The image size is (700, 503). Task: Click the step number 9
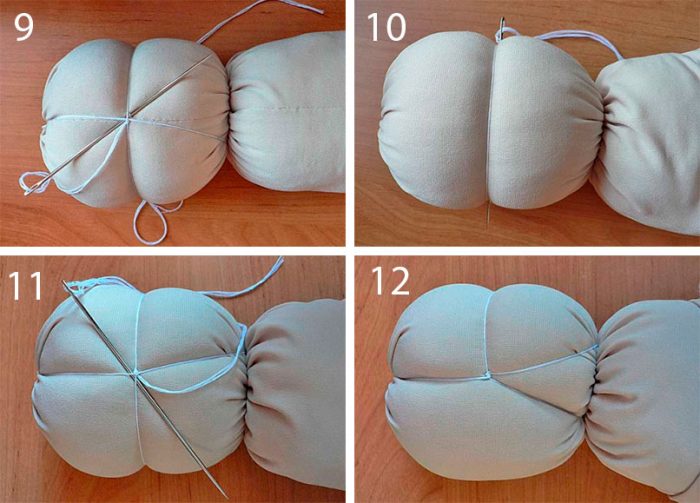click(23, 27)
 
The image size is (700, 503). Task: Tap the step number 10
click(387, 27)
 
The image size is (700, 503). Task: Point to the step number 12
click(390, 281)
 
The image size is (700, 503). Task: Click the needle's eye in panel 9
click(30, 191)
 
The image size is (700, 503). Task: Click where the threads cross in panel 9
click(128, 118)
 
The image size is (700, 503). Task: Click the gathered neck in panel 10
click(603, 117)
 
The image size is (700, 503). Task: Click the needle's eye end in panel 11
click(67, 285)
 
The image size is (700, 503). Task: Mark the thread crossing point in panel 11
click(137, 373)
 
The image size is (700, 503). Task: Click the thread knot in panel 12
click(486, 375)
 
